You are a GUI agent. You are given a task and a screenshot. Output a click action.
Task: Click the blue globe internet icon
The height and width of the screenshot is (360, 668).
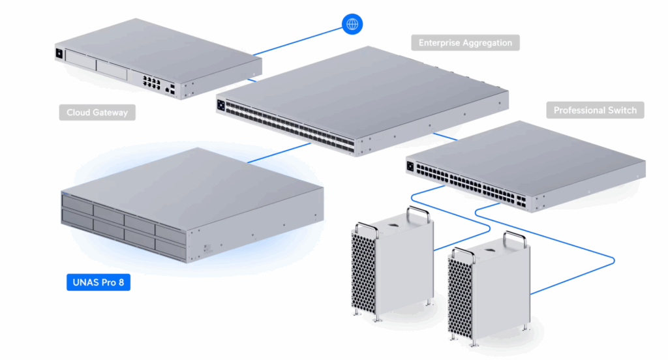tap(352, 24)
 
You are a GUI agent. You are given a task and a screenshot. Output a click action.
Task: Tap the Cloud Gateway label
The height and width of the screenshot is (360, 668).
tap(97, 113)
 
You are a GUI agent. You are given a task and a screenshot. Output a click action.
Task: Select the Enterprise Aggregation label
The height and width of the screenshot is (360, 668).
tap(466, 43)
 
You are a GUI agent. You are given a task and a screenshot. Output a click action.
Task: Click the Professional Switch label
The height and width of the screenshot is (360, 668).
tap(595, 110)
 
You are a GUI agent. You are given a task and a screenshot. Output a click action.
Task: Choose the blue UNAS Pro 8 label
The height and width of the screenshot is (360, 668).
tap(98, 283)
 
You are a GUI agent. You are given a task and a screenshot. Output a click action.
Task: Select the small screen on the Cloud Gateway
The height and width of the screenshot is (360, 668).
tap(60, 53)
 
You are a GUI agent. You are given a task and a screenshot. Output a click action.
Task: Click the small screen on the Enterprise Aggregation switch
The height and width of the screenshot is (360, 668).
tap(221, 104)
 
